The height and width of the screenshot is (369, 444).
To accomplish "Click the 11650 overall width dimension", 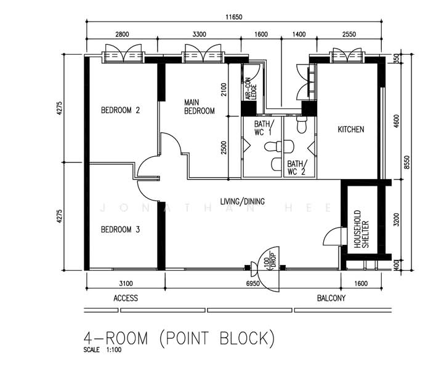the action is pyautogui.click(x=234, y=17).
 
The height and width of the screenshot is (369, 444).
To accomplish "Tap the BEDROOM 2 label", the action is pyautogui.click(x=120, y=110).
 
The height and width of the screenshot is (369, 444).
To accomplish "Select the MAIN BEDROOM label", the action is pyautogui.click(x=200, y=106).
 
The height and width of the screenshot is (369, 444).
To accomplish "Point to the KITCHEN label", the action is pyautogui.click(x=351, y=130).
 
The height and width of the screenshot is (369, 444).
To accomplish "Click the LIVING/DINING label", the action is pyautogui.click(x=243, y=201).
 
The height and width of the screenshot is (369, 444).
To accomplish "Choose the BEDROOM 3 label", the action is pyautogui.click(x=120, y=229).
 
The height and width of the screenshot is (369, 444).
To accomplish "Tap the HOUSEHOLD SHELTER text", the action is pyautogui.click(x=361, y=229).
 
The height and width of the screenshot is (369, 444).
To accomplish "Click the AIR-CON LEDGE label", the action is pyautogui.click(x=251, y=89).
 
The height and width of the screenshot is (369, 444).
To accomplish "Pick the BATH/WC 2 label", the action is pyautogui.click(x=297, y=168).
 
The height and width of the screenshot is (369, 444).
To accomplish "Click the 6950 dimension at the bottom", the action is pyautogui.click(x=253, y=284).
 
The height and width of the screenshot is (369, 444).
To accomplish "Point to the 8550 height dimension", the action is pyautogui.click(x=407, y=162).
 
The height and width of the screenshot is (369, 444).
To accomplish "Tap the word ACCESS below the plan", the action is pyautogui.click(x=126, y=298).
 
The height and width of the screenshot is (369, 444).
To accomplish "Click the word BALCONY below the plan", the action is pyautogui.click(x=331, y=298).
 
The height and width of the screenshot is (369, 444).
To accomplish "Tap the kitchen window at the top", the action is pyautogui.click(x=347, y=56).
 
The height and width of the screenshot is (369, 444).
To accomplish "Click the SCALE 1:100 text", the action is pyautogui.click(x=102, y=350).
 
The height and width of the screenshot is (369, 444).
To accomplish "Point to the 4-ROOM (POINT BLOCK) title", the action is pyautogui.click(x=179, y=338).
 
